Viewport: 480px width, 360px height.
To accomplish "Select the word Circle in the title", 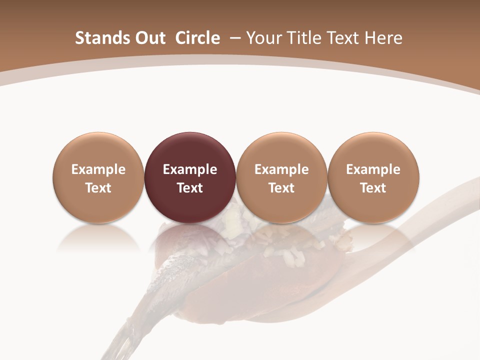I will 197,38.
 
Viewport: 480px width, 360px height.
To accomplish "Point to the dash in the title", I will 233,38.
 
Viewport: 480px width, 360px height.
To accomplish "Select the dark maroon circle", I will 189,177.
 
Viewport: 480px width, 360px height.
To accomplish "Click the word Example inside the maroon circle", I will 189,169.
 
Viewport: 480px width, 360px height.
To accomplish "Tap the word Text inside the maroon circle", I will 189,188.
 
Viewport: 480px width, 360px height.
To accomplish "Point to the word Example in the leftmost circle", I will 98,169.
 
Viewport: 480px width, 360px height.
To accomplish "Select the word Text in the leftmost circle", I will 98,188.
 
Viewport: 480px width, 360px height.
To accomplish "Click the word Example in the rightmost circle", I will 373,169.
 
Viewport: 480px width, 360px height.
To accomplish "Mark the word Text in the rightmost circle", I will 373,188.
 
